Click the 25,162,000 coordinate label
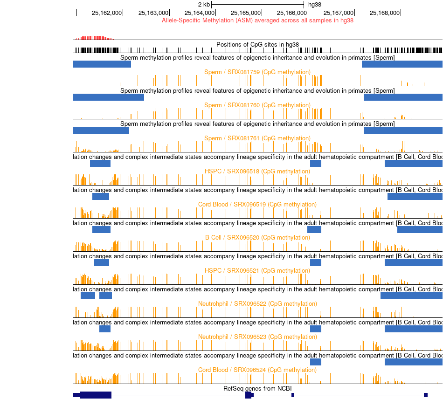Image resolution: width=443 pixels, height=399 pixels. (107, 13)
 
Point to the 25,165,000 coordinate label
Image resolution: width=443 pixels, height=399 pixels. (246, 13)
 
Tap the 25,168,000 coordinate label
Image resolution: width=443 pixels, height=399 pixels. (385, 13)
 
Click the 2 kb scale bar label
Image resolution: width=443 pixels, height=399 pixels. (204, 5)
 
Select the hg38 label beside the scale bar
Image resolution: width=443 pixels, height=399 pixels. (315, 5)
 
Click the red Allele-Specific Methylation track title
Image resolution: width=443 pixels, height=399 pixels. (257, 21)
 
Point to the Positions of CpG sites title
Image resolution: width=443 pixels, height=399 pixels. (257, 45)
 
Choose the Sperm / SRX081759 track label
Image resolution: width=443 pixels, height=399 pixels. (257, 72)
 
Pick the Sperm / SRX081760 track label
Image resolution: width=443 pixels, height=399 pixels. (257, 105)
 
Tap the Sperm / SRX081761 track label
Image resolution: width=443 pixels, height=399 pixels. (257, 138)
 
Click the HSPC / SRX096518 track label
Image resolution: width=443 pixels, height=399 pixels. (257, 172)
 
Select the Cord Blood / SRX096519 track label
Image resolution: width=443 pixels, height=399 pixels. (257, 205)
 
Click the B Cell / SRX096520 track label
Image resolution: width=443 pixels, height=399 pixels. (257, 238)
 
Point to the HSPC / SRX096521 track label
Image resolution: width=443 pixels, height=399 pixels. (257, 271)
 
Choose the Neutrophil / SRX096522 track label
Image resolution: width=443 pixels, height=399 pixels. (257, 304)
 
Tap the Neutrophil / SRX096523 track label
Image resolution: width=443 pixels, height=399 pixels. (257, 337)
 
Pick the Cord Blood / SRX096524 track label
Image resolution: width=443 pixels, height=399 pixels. (257, 370)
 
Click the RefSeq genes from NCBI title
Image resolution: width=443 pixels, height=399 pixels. (257, 389)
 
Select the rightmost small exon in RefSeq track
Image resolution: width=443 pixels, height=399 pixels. (426, 395)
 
